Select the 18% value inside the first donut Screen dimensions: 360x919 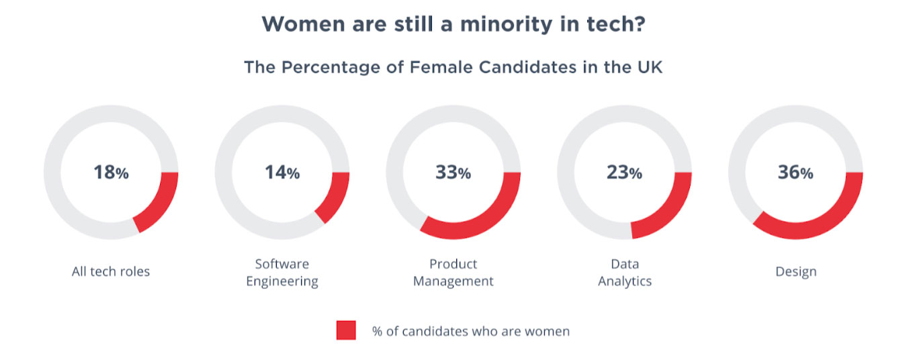click(111, 173)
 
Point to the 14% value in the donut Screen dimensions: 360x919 click(282, 173)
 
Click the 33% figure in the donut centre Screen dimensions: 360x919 click(453, 173)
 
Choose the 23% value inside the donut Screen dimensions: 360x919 click(625, 173)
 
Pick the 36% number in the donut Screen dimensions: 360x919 click(796, 173)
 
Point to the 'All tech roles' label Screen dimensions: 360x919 click(111, 272)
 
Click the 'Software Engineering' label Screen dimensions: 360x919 click(282, 273)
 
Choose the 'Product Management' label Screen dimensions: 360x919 click(453, 273)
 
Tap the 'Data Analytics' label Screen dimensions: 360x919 click(625, 273)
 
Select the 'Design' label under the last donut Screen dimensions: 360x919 click(796, 272)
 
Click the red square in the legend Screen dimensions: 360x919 click(346, 330)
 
